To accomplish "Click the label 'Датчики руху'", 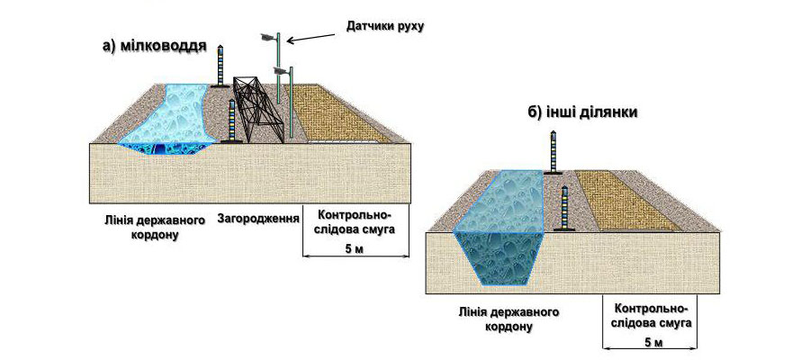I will click(384, 26).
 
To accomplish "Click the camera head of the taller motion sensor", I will click(266, 36).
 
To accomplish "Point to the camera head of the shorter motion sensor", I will click(281, 70).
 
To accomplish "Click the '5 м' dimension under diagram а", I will click(355, 250).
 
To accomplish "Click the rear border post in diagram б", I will click(554, 151).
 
